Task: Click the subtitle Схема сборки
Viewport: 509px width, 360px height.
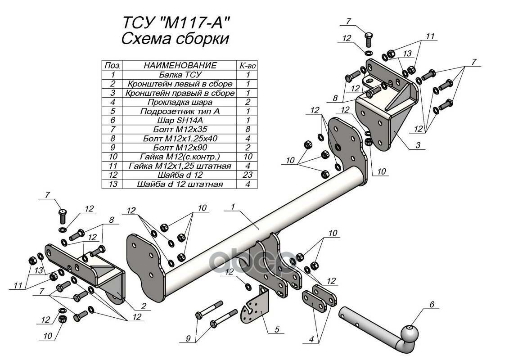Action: (x=175, y=39)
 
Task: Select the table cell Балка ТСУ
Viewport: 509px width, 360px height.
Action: (x=180, y=75)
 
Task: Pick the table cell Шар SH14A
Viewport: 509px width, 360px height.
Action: (x=180, y=120)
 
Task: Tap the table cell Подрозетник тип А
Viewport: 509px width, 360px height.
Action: (x=180, y=111)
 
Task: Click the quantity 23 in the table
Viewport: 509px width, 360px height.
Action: (x=248, y=175)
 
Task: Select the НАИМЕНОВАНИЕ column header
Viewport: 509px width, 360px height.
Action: (x=180, y=66)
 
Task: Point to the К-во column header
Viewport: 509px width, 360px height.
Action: (x=248, y=66)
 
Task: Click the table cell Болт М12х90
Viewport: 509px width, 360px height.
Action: (x=180, y=148)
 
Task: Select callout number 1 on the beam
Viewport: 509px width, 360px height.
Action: (x=233, y=207)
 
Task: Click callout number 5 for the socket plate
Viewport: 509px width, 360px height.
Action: (x=276, y=329)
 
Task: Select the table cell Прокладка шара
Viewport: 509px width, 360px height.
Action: (x=180, y=102)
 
